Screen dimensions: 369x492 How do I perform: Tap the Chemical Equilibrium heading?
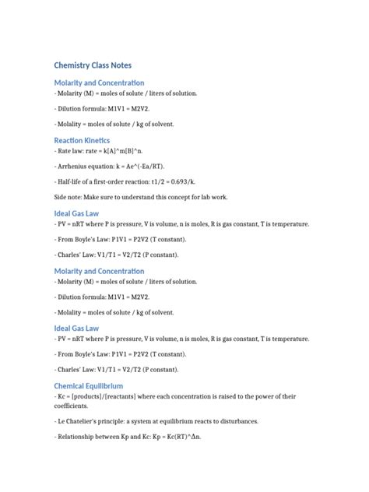coord(88,385)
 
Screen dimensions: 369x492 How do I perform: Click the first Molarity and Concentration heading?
coord(99,83)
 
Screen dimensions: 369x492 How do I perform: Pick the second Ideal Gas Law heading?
coord(76,329)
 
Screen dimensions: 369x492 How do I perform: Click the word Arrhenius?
coord(74,166)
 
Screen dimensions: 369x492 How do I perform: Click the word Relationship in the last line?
coord(79,437)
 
